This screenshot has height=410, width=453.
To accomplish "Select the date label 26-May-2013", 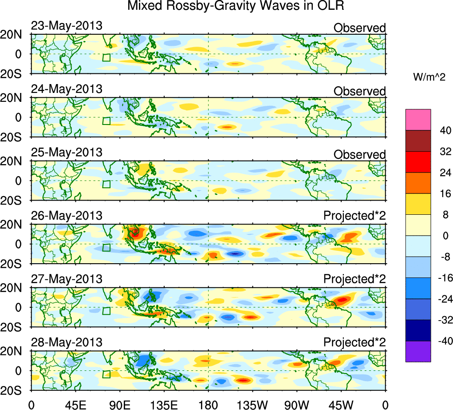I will pyautogui.click(x=67, y=216).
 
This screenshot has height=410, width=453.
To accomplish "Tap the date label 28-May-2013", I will pyautogui.click(x=67, y=342).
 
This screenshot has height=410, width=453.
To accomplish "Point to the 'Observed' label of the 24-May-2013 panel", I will pyautogui.click(x=359, y=91).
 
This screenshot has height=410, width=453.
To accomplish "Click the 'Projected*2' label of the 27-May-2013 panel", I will pyautogui.click(x=355, y=279).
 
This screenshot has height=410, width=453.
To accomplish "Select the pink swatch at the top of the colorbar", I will pyautogui.click(x=418, y=119).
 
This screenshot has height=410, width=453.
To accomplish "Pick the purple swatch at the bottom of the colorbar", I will pyautogui.click(x=418, y=351).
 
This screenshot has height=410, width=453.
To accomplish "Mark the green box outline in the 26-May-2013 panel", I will pyautogui.click(x=106, y=248).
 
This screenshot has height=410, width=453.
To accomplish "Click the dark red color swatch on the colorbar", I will pyautogui.click(x=418, y=141).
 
